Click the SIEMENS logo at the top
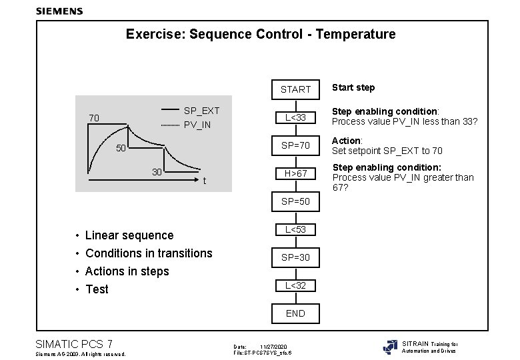coord(59,11)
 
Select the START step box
coord(295,89)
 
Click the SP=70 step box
coord(295,145)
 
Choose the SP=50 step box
coord(295,201)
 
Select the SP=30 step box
coord(295,257)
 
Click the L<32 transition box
coord(295,285)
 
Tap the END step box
coord(295,313)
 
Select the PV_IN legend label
coord(197,125)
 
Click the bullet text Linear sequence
coord(129,235)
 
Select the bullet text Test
coord(97,289)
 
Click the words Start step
coord(353,87)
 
